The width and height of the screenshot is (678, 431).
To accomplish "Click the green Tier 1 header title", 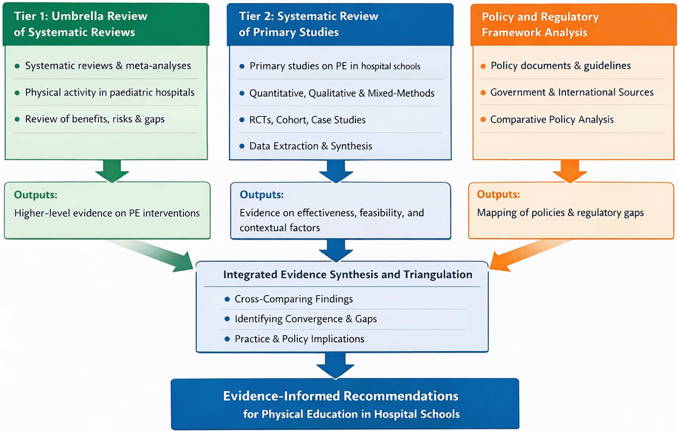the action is tap(80, 24).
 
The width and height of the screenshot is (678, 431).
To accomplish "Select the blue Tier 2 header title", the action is tap(308, 24).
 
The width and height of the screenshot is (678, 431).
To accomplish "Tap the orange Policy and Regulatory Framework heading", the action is tap(540, 24).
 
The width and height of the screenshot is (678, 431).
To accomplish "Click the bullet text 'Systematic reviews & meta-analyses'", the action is tap(108, 66).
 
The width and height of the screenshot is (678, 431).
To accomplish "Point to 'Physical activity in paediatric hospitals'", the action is tap(110, 93).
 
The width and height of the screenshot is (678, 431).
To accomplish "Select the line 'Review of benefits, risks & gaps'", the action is tap(95, 119).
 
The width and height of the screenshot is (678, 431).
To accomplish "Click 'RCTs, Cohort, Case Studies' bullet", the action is tap(308, 120).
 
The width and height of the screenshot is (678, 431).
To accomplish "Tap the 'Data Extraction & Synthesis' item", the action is tap(311, 146).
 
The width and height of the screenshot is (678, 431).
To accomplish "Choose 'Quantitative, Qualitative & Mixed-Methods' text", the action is tap(342, 93).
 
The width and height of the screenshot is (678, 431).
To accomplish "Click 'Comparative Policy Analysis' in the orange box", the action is tap(552, 120).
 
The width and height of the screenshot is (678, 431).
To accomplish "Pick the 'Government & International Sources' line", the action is tap(572, 92).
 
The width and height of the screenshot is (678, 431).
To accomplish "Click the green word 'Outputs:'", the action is tap(36, 195).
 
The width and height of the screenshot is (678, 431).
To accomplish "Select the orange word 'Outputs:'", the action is tap(499, 194).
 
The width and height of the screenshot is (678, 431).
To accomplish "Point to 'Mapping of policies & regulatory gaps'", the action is tap(560, 213).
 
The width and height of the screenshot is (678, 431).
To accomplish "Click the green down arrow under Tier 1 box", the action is tap(112, 171).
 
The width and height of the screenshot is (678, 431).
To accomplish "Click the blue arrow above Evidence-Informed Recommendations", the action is tap(335, 365).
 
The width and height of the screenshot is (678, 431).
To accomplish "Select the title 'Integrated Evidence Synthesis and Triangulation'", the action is tap(348, 275).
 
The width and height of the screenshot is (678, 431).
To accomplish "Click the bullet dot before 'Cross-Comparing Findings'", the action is tap(227, 299).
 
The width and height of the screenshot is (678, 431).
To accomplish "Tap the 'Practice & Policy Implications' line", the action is tap(300, 339).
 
